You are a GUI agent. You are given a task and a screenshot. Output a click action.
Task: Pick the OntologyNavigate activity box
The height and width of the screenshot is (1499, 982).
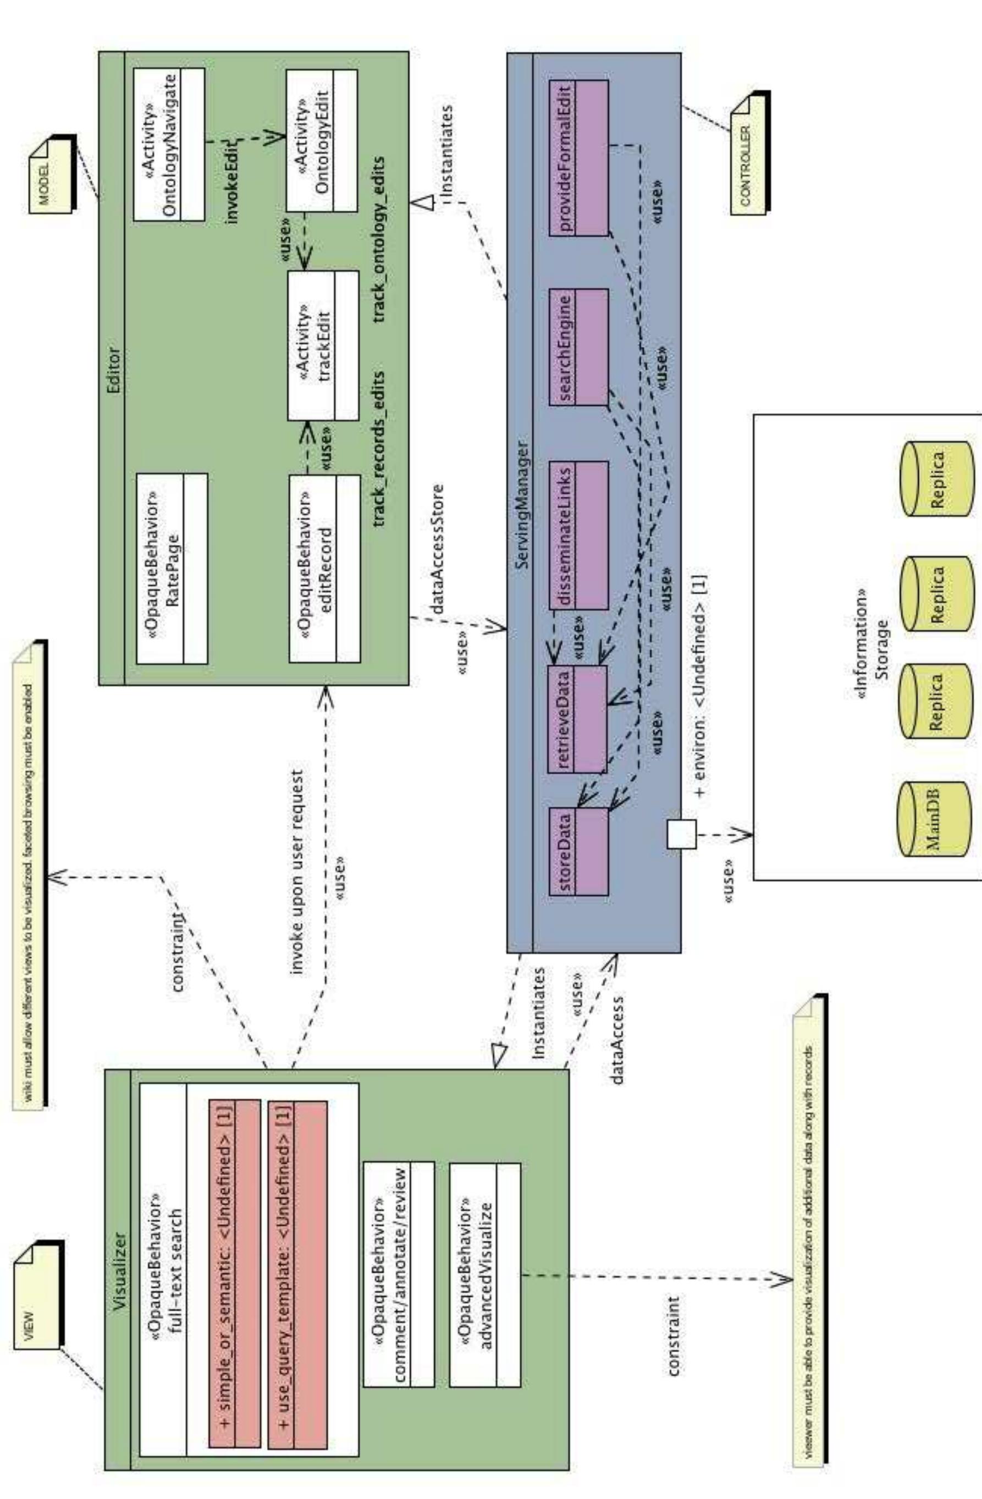tap(169, 144)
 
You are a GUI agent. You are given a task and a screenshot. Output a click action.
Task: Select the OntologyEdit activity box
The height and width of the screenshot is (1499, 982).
tap(321, 140)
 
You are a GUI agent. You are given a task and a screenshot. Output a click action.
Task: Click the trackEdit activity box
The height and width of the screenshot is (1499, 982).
tap(323, 346)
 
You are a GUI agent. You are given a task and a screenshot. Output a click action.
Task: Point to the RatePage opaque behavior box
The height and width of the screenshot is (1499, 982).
tap(172, 568)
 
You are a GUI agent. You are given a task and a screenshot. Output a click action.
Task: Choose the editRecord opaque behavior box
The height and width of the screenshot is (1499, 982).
tap(324, 568)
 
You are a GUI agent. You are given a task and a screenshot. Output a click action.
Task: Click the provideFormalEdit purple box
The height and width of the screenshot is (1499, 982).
tap(578, 157)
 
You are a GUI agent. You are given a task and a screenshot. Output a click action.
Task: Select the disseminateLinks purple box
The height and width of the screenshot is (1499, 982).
tap(578, 536)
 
